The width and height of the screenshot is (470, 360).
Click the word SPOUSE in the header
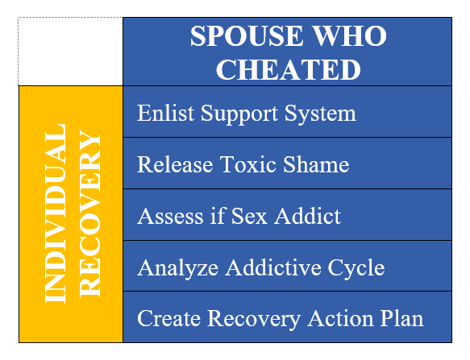click(247, 35)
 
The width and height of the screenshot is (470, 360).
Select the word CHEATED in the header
click(288, 69)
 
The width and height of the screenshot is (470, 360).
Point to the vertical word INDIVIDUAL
click(56, 214)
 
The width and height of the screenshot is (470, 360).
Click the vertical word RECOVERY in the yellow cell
click(90, 214)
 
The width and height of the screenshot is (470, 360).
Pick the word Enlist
click(166, 113)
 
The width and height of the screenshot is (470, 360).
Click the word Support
click(239, 114)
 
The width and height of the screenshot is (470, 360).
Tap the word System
click(320, 114)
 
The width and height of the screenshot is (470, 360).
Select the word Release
click(175, 164)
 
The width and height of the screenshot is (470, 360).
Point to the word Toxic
click(248, 164)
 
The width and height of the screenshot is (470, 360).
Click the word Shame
click(316, 164)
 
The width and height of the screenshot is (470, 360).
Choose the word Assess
click(170, 216)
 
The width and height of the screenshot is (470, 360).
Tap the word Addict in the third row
click(307, 216)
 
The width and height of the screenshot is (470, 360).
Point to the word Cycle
click(356, 268)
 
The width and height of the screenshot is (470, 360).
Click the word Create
click(168, 318)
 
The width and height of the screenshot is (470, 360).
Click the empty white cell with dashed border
click(70, 52)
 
